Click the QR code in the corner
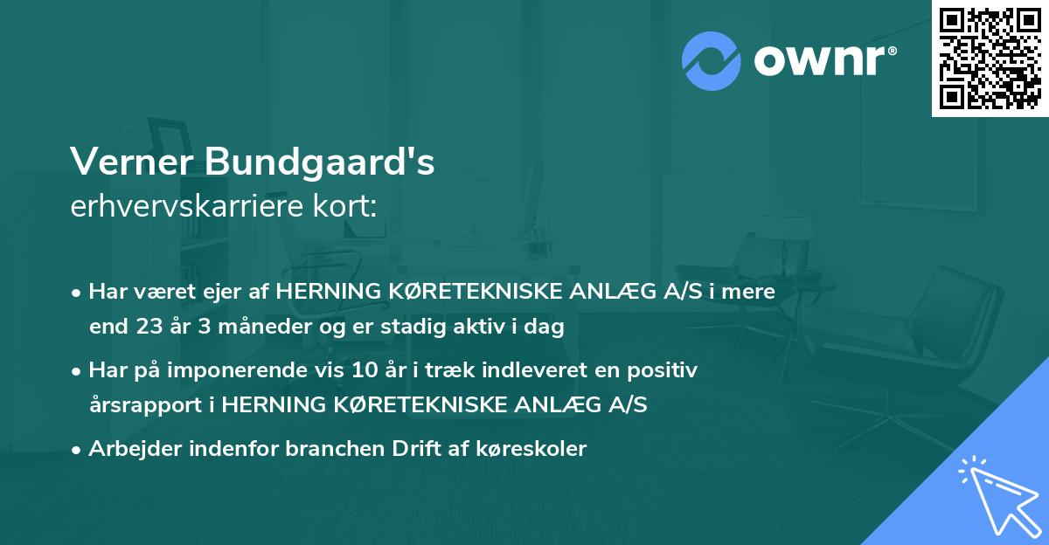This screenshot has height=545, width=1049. pos(990,58)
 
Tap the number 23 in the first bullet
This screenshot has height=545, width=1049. pos(148,328)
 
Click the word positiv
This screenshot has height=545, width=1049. pos(664,370)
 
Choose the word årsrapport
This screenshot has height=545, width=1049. pos(150,405)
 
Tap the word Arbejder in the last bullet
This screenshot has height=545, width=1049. pos(127,449)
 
